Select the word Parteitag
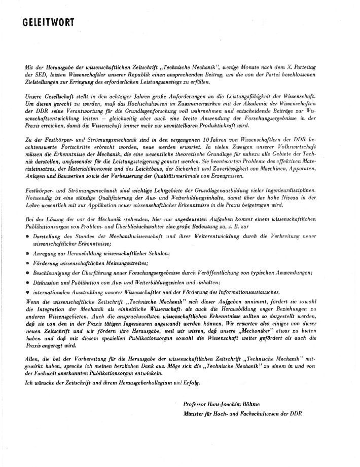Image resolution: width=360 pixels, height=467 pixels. click(x=327, y=67)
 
